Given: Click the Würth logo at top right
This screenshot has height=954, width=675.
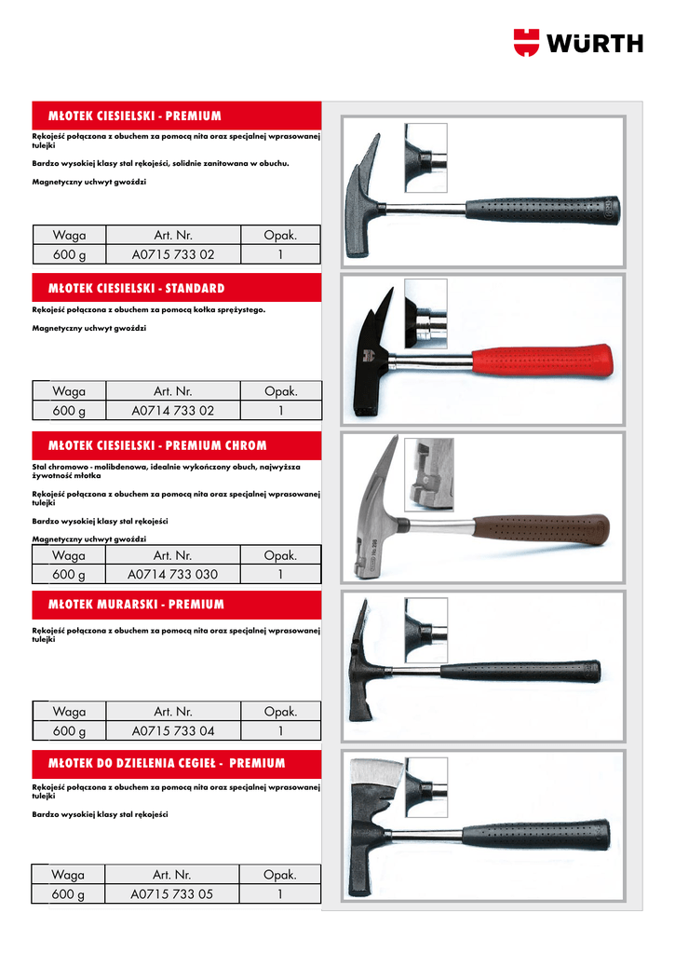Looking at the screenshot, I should (577, 42).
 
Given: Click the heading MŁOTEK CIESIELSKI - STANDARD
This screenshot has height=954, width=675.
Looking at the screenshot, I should (136, 289).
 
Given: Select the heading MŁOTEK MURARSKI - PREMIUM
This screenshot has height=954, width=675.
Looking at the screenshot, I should (136, 605).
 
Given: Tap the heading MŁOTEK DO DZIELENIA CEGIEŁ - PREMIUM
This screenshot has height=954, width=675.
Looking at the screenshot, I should (166, 764).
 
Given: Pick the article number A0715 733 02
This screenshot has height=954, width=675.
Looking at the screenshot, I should (173, 254).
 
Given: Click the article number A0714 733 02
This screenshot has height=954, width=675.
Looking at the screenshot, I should (173, 411).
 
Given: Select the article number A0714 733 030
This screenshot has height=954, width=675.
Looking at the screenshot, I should (173, 575).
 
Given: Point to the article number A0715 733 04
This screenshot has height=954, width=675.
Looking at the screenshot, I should (173, 731).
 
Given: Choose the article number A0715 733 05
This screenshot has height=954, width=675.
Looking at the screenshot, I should (173, 894).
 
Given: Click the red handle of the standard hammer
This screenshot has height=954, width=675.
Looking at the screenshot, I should (543, 360).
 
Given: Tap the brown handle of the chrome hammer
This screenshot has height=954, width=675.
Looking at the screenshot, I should (540, 530).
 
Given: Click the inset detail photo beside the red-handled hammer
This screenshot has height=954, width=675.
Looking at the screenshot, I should (425, 313).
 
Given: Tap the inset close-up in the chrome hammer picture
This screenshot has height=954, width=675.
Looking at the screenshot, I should (429, 474).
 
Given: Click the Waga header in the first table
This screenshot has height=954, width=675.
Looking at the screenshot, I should (69, 235).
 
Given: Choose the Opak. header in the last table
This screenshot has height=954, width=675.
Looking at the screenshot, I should (279, 875).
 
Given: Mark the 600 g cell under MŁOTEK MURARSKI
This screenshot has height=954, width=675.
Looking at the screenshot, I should (69, 731).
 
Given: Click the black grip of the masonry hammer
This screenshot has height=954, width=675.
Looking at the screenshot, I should (521, 671).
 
